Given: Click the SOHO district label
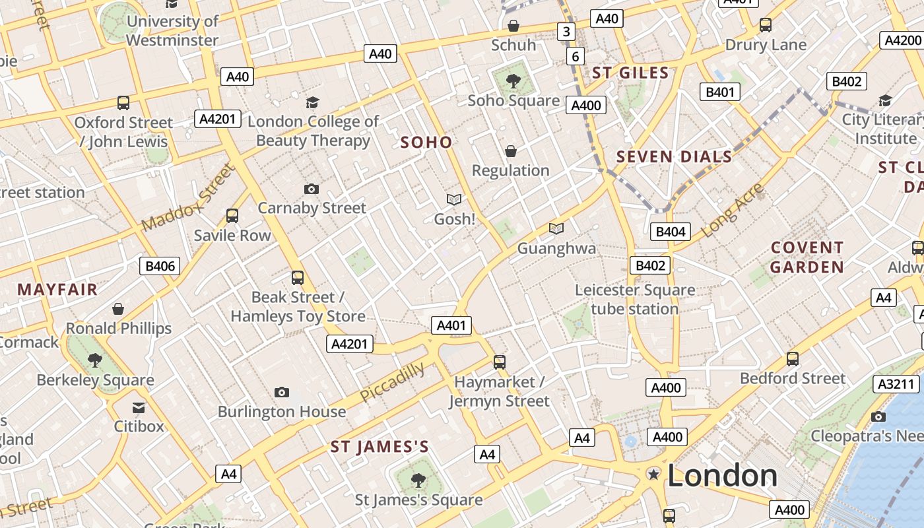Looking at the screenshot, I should point(426,142).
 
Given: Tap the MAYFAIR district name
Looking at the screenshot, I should point(57,289).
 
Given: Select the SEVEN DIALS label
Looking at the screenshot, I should point(674,156).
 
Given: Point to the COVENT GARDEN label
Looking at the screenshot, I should point(807,257).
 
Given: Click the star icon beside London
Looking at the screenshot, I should point(654,475).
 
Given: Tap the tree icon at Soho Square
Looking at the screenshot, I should point(513,81).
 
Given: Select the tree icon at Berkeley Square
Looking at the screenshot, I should point(95,360).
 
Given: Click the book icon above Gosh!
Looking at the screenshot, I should point(454,199).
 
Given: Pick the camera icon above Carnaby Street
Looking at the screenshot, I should point(312,189).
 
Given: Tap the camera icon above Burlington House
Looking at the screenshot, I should point(282,393).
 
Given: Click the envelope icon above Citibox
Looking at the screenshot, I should point(139,407).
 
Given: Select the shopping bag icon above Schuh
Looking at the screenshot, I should point(513,26).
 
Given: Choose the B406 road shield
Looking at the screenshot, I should point(160,266).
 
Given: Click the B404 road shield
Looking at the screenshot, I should point(670,231).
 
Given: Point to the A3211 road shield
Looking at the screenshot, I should point(896,384).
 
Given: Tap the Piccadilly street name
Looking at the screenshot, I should point(392,382).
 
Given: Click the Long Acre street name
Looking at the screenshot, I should point(732,211).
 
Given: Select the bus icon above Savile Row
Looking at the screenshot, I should point(232,216).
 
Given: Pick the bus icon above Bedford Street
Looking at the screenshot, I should point(793,359).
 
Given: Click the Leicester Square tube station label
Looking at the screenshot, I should point(634,299).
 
